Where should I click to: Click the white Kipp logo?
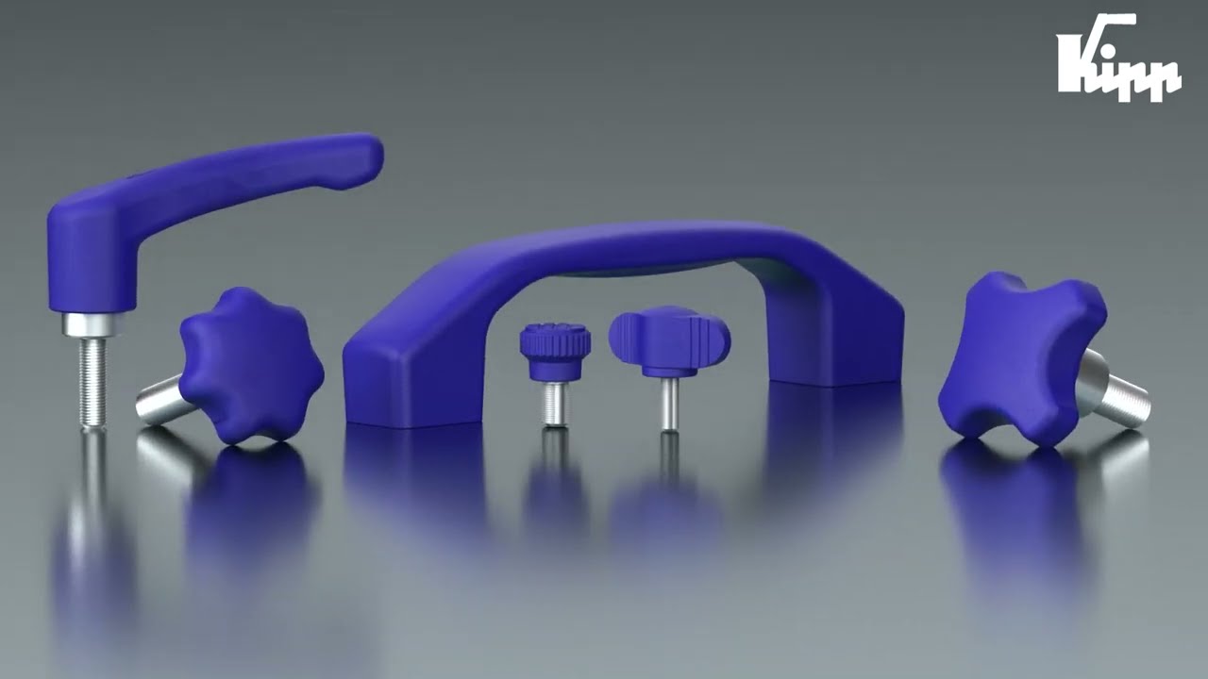point(1118,58)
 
